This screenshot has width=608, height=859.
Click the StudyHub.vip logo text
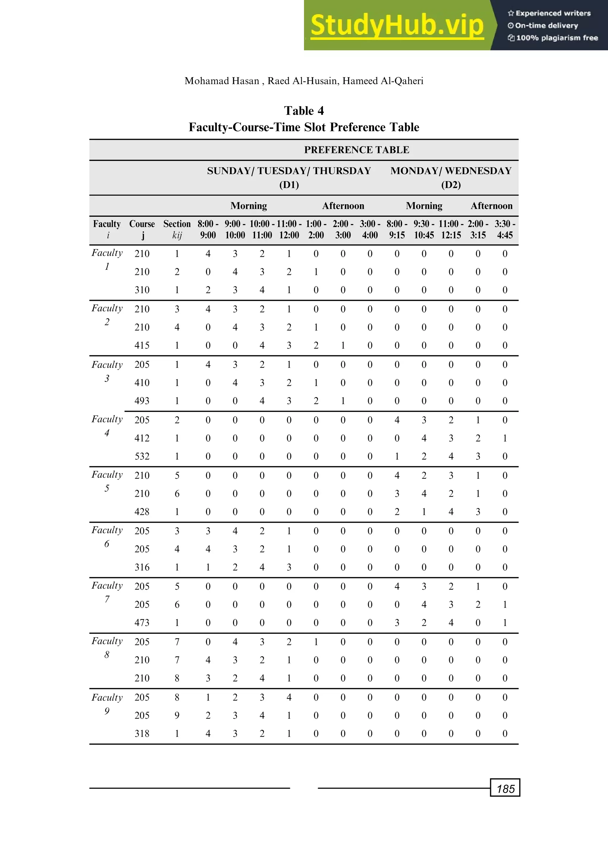coord(397,26)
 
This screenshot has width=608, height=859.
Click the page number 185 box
coord(505,789)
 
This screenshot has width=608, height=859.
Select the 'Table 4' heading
coord(304,111)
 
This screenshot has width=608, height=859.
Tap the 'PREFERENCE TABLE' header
coord(357,150)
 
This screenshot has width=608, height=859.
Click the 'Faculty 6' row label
coord(107,536)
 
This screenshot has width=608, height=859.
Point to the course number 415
coord(142,345)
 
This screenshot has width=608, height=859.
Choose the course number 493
coord(142,401)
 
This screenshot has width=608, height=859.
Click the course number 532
coord(142,456)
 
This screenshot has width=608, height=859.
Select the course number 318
coord(142,733)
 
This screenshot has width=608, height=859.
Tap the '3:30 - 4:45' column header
coord(505,229)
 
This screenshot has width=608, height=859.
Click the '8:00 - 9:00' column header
coord(208,229)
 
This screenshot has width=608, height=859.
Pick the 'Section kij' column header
coord(177,229)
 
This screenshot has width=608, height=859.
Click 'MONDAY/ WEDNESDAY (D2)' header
coord(451,178)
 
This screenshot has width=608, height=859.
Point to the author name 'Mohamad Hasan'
coord(222,81)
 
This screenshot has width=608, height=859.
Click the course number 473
coord(142,623)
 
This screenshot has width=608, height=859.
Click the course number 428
coord(142,512)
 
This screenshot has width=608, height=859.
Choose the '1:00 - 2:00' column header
coord(316,229)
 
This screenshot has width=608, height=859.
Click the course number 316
coord(142,567)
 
